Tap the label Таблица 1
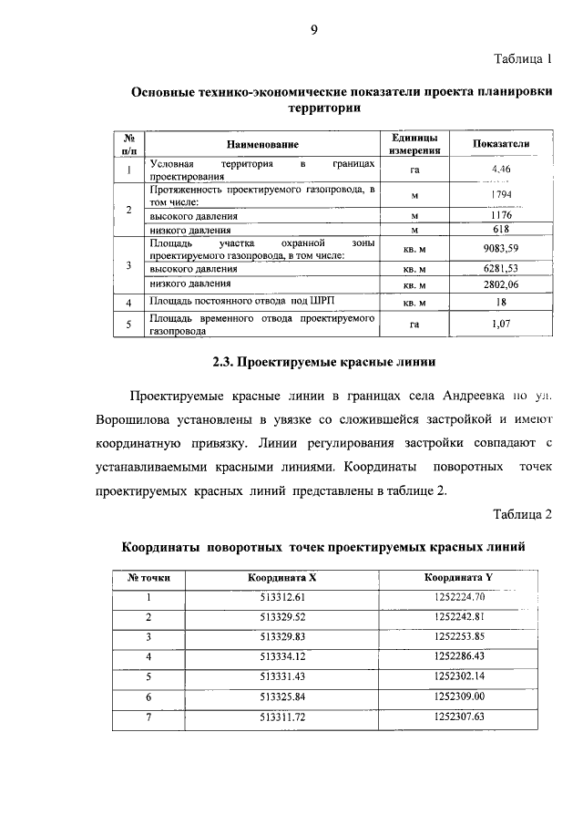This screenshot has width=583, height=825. point(523,60)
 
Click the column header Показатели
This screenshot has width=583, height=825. point(501,144)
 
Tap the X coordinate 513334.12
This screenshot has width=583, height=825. point(281,656)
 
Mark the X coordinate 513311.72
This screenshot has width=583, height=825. point(281,717)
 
